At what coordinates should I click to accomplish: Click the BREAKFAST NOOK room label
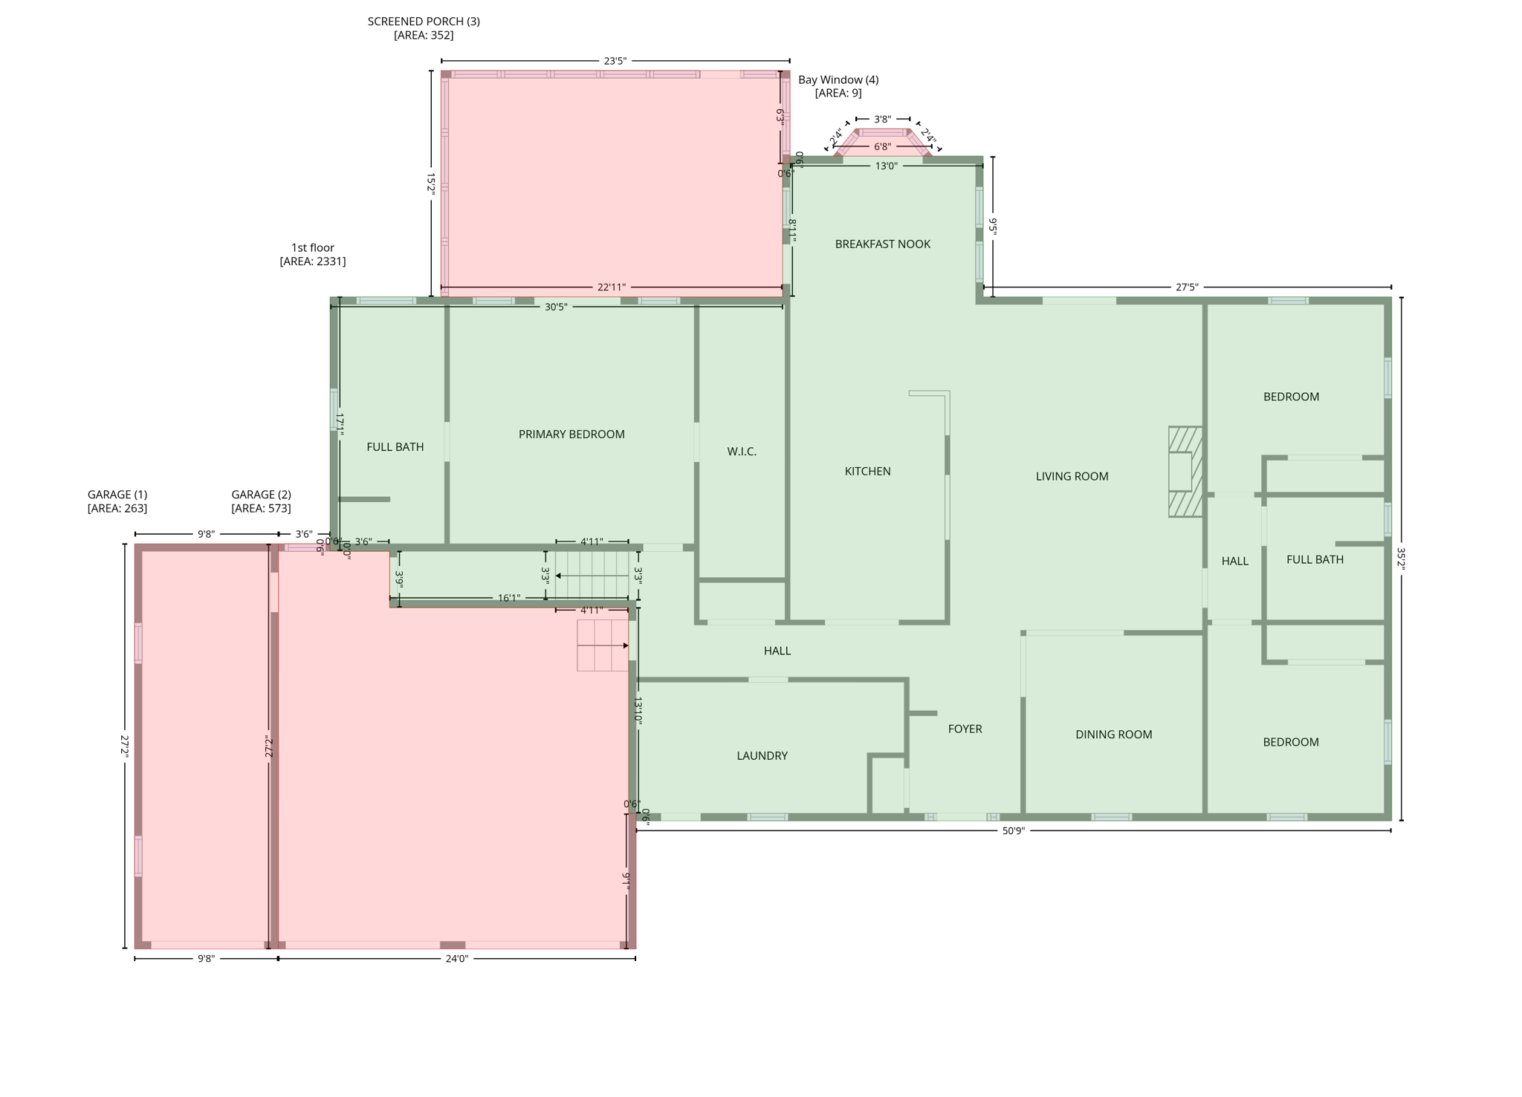click(x=882, y=244)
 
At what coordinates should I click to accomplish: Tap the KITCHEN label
click(x=867, y=472)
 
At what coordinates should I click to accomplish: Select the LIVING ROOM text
click(x=1072, y=477)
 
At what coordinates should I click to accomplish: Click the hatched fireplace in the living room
click(x=1185, y=472)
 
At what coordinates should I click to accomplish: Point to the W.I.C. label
click(x=742, y=452)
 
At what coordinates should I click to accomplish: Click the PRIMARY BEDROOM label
click(x=571, y=434)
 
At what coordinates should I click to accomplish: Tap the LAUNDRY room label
click(x=762, y=756)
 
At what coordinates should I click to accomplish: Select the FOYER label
click(x=965, y=729)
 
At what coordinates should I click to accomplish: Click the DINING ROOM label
click(x=1113, y=735)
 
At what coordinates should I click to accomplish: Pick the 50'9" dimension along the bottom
click(x=1013, y=831)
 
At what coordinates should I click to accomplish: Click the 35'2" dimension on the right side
click(x=1401, y=558)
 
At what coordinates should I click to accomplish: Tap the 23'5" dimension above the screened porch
click(x=615, y=61)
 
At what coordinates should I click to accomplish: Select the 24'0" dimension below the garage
click(x=457, y=959)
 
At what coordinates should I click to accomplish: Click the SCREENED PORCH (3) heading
click(x=424, y=22)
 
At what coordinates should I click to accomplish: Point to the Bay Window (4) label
click(x=838, y=80)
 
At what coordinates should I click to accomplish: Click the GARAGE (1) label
click(x=117, y=495)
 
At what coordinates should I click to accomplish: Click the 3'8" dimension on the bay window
click(x=882, y=119)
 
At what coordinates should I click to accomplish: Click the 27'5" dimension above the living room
click(x=1187, y=287)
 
